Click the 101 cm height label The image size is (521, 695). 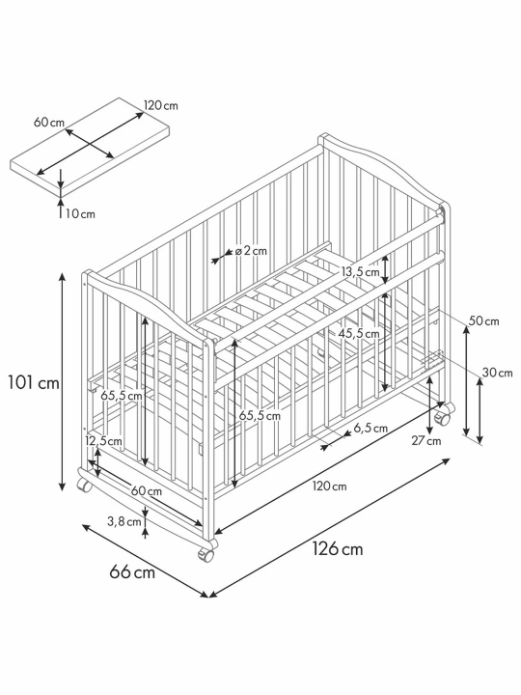(x=34, y=382)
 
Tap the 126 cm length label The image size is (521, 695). (x=338, y=548)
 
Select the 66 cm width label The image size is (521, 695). (x=132, y=572)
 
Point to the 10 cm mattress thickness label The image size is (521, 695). (x=80, y=214)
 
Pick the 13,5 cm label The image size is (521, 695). (x=360, y=271)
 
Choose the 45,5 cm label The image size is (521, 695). (x=360, y=333)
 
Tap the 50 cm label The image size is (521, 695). (x=483, y=320)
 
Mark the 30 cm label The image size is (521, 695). (x=497, y=373)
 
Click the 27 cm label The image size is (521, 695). (x=426, y=440)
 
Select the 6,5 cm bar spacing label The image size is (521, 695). (x=370, y=429)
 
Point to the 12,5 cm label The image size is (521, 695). (x=103, y=440)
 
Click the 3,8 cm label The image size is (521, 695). (x=124, y=521)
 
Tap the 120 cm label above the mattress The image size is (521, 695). (x=161, y=105)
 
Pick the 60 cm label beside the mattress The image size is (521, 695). (x=49, y=123)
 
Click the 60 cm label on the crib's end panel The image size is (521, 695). (x=147, y=491)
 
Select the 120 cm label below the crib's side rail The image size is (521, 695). (x=330, y=486)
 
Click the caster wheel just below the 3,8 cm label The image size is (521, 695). (x=206, y=554)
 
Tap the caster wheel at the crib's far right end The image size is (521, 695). (x=442, y=418)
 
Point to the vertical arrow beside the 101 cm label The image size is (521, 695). (x=63, y=382)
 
